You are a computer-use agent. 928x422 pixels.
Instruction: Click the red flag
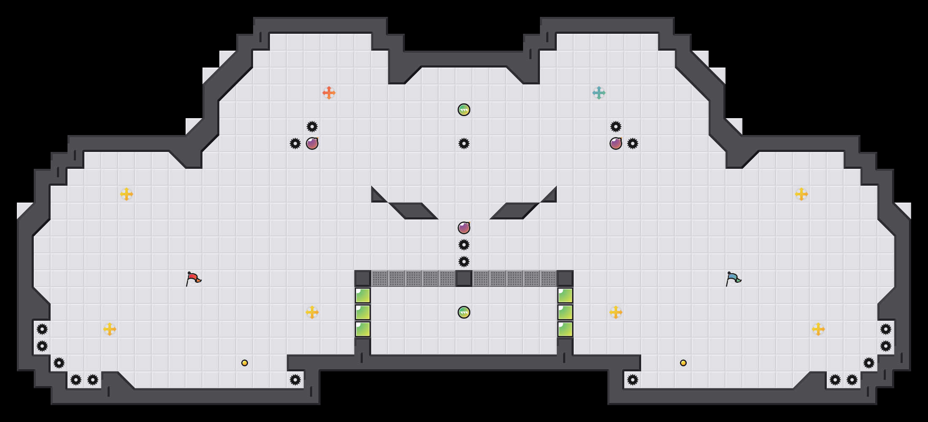click(x=193, y=279)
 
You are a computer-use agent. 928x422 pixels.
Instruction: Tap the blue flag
click(x=733, y=279)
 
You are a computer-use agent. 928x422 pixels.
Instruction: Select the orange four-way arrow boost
click(x=329, y=93)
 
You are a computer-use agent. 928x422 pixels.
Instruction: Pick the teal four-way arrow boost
click(x=599, y=93)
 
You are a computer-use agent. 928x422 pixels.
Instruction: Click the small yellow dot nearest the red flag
click(x=245, y=363)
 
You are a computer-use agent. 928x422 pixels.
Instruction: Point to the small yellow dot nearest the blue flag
click(x=683, y=363)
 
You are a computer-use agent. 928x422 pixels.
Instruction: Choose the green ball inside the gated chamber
click(x=464, y=312)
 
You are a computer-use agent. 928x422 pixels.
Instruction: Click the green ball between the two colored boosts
click(x=464, y=110)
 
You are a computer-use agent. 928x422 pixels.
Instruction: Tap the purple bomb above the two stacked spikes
click(x=464, y=228)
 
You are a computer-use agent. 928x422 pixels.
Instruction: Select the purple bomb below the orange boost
click(x=312, y=143)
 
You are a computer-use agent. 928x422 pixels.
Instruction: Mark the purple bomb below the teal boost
click(x=616, y=143)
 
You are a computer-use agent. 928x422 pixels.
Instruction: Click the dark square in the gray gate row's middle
click(x=464, y=279)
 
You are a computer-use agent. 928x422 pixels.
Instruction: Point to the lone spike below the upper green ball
click(x=464, y=143)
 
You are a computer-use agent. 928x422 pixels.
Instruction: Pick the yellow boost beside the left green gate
click(x=312, y=312)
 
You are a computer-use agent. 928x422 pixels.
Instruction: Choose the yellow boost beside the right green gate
click(x=616, y=312)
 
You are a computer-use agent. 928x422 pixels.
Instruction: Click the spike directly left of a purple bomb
click(x=295, y=143)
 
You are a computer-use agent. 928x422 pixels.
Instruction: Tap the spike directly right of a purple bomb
click(x=633, y=143)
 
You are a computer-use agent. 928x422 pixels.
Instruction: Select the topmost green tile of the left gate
click(x=363, y=295)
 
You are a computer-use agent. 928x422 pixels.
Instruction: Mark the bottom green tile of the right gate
click(x=565, y=329)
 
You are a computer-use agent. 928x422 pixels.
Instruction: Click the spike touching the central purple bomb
click(x=464, y=245)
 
